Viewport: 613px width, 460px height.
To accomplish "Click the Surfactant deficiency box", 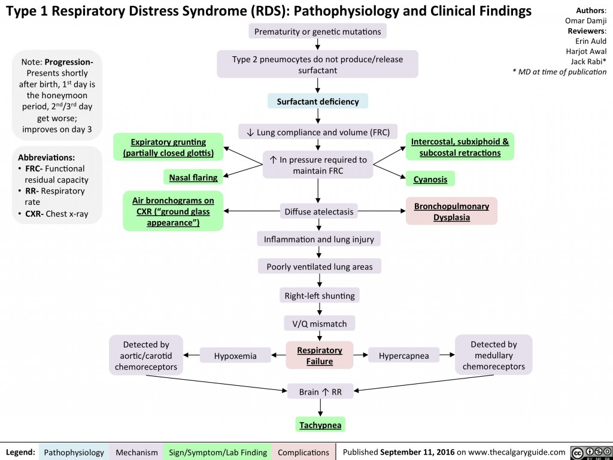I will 317,102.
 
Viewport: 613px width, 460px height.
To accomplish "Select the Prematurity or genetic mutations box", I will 317,31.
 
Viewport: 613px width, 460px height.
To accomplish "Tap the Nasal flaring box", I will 192,177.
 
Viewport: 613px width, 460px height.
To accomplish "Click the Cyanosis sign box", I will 430,178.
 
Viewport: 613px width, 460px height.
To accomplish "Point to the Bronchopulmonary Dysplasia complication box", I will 451,211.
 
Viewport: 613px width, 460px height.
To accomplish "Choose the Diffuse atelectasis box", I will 318,211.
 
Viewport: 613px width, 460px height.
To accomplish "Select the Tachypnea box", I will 320,425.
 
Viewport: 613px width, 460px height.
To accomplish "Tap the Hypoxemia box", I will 235,356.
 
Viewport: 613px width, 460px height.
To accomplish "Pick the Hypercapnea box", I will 404,356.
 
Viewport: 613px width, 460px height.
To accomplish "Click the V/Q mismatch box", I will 320,324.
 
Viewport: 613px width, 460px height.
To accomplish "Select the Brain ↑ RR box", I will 320,392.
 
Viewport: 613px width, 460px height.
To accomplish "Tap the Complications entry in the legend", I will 303,452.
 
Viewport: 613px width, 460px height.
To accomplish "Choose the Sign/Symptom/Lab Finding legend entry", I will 218,452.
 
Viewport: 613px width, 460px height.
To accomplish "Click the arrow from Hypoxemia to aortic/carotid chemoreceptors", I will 192,355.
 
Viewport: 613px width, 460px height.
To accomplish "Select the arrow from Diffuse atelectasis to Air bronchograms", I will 251,211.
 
